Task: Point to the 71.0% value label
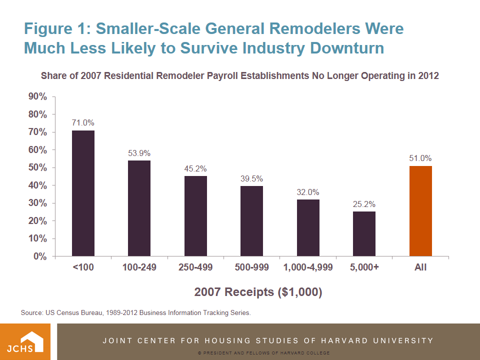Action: [x=83, y=122]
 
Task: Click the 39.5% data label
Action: [x=251, y=178]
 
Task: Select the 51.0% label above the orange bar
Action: [x=420, y=158]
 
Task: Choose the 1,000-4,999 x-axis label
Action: [x=307, y=267]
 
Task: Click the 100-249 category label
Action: [x=139, y=267]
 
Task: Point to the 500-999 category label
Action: [x=251, y=267]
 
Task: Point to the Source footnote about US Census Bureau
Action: [x=135, y=313]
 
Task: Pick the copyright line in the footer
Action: [x=263, y=353]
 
